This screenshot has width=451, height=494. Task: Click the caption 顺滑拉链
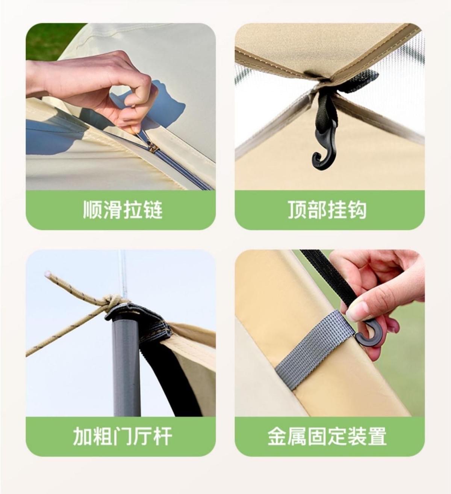pos(123,209)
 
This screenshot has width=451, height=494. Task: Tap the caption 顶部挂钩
pos(327,209)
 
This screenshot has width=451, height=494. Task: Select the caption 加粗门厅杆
pos(122,436)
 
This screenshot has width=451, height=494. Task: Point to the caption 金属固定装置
pos(327,436)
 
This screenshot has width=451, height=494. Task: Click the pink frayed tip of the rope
pos(48,274)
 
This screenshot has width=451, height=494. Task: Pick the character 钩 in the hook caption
pos(357,209)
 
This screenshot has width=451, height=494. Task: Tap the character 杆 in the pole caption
pos(162,436)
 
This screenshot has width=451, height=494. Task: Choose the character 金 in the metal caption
pos(277,436)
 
